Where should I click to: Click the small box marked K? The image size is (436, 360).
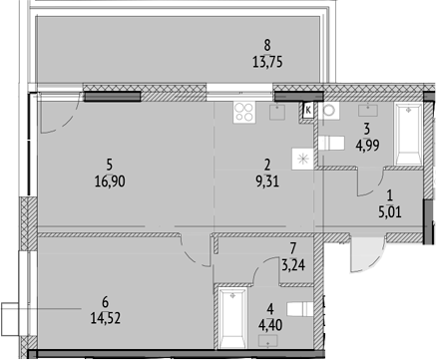307,110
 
